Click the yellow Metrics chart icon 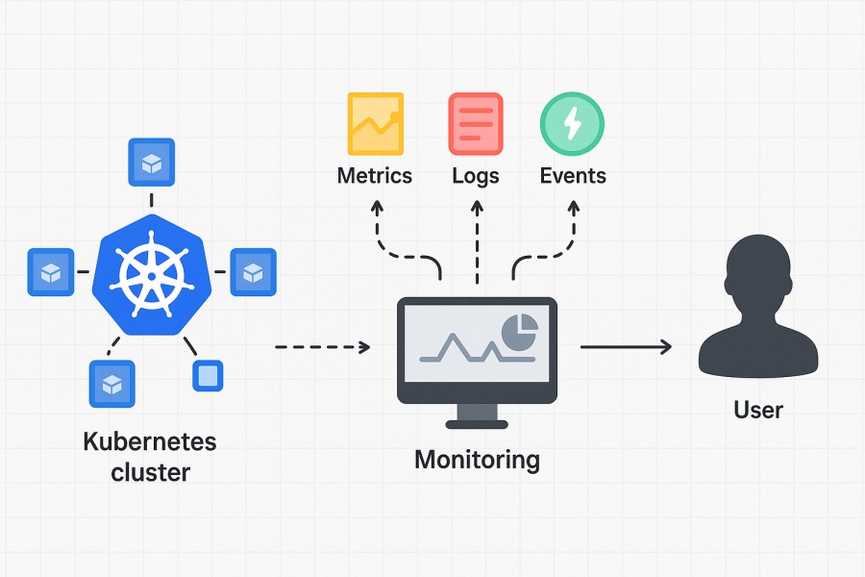click(376, 124)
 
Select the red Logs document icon click(476, 124)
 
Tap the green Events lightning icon click(572, 124)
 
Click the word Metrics click(375, 176)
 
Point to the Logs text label click(476, 176)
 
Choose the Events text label click(573, 176)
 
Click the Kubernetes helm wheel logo click(150, 273)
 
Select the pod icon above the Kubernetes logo click(152, 162)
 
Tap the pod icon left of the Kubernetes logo click(50, 272)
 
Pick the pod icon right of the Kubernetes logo click(253, 272)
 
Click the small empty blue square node click(208, 375)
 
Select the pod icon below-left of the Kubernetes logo click(112, 384)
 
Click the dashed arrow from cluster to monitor click(322, 346)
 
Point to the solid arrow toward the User click(626, 346)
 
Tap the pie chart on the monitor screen click(520, 331)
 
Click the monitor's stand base click(477, 420)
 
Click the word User click(758, 410)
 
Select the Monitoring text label click(477, 460)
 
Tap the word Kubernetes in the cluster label click(150, 442)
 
